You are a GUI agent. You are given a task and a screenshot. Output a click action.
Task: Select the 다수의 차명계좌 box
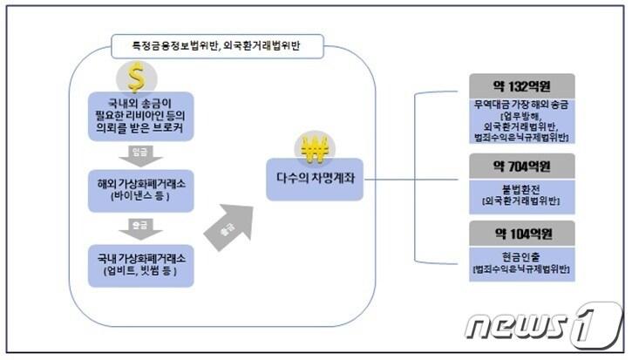point(314,179)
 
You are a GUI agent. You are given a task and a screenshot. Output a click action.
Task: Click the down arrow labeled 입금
point(139,157)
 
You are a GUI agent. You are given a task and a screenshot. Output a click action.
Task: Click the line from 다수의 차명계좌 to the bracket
point(392,179)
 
